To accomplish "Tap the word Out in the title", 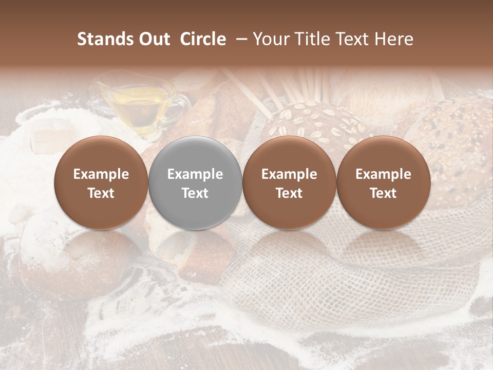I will coord(154,39).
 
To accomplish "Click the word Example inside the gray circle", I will coord(195,174).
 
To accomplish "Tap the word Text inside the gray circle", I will coord(195,193).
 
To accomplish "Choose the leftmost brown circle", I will coord(101,183).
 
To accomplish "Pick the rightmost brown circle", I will coord(383,183).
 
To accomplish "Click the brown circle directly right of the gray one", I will coord(289,183).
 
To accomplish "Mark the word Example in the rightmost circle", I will coord(383,174).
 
